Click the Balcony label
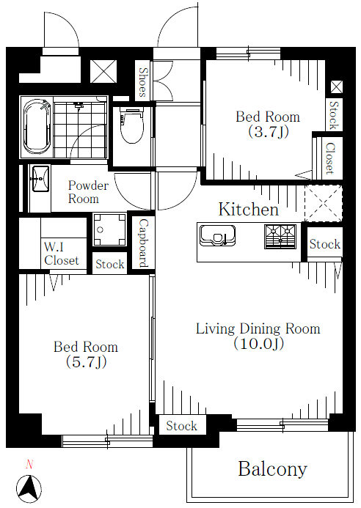pyautogui.click(x=272, y=469)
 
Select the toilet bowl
pyautogui.click(x=131, y=125)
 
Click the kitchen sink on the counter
pyautogui.click(x=217, y=235)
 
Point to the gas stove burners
pyautogui.click(x=280, y=237)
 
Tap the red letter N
pyautogui.click(x=29, y=465)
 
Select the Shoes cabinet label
pyautogui.click(x=142, y=82)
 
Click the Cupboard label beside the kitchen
pyautogui.click(x=143, y=243)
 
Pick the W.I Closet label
pyautogui.click(x=62, y=254)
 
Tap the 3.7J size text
pyautogui.click(x=269, y=131)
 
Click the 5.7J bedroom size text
pyautogui.click(x=86, y=362)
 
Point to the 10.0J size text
pyautogui.click(x=259, y=343)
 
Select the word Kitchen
pyautogui.click(x=249, y=210)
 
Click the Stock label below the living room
pyautogui.click(x=181, y=425)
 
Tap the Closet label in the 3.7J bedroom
pyautogui.click(x=330, y=158)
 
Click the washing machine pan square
pyautogui.click(x=109, y=229)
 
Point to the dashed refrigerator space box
pyautogui.click(x=324, y=204)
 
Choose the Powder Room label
pyautogui.click(x=88, y=192)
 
